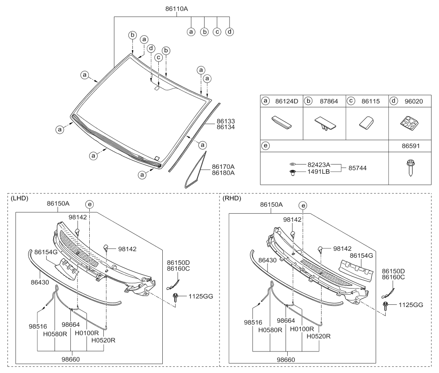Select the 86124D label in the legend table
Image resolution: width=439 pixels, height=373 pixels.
[286, 101]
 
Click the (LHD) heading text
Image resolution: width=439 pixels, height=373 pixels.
[19, 198]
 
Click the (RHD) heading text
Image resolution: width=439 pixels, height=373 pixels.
[233, 198]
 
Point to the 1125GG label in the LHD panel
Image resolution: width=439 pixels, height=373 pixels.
[201, 296]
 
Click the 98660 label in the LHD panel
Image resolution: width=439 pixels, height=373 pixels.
[71, 359]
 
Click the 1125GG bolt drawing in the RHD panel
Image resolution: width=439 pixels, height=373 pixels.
[386, 305]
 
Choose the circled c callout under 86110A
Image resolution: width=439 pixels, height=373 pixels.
[217, 32]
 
